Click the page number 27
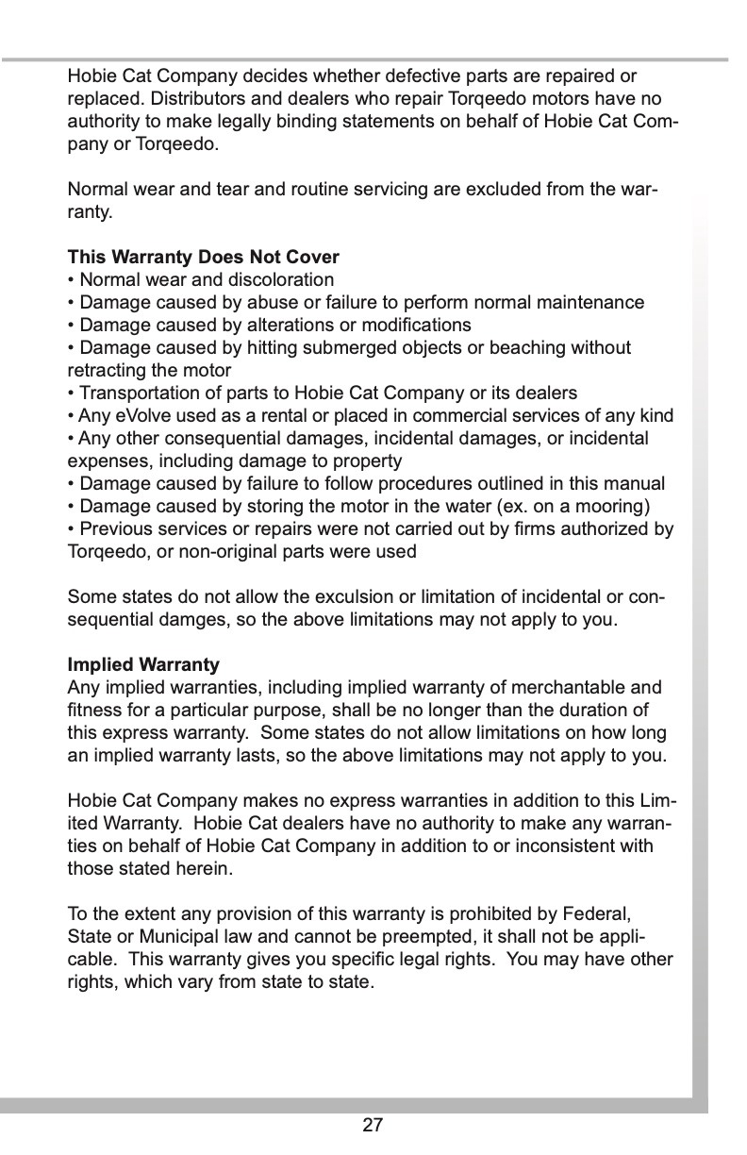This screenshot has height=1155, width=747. click(x=373, y=1124)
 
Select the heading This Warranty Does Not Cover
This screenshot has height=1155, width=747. click(x=203, y=257)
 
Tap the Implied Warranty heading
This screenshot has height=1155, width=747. click(x=143, y=664)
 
